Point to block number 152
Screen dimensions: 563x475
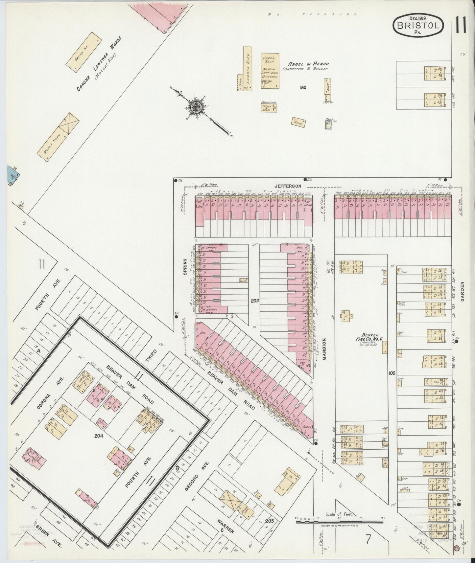coord(303,87)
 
